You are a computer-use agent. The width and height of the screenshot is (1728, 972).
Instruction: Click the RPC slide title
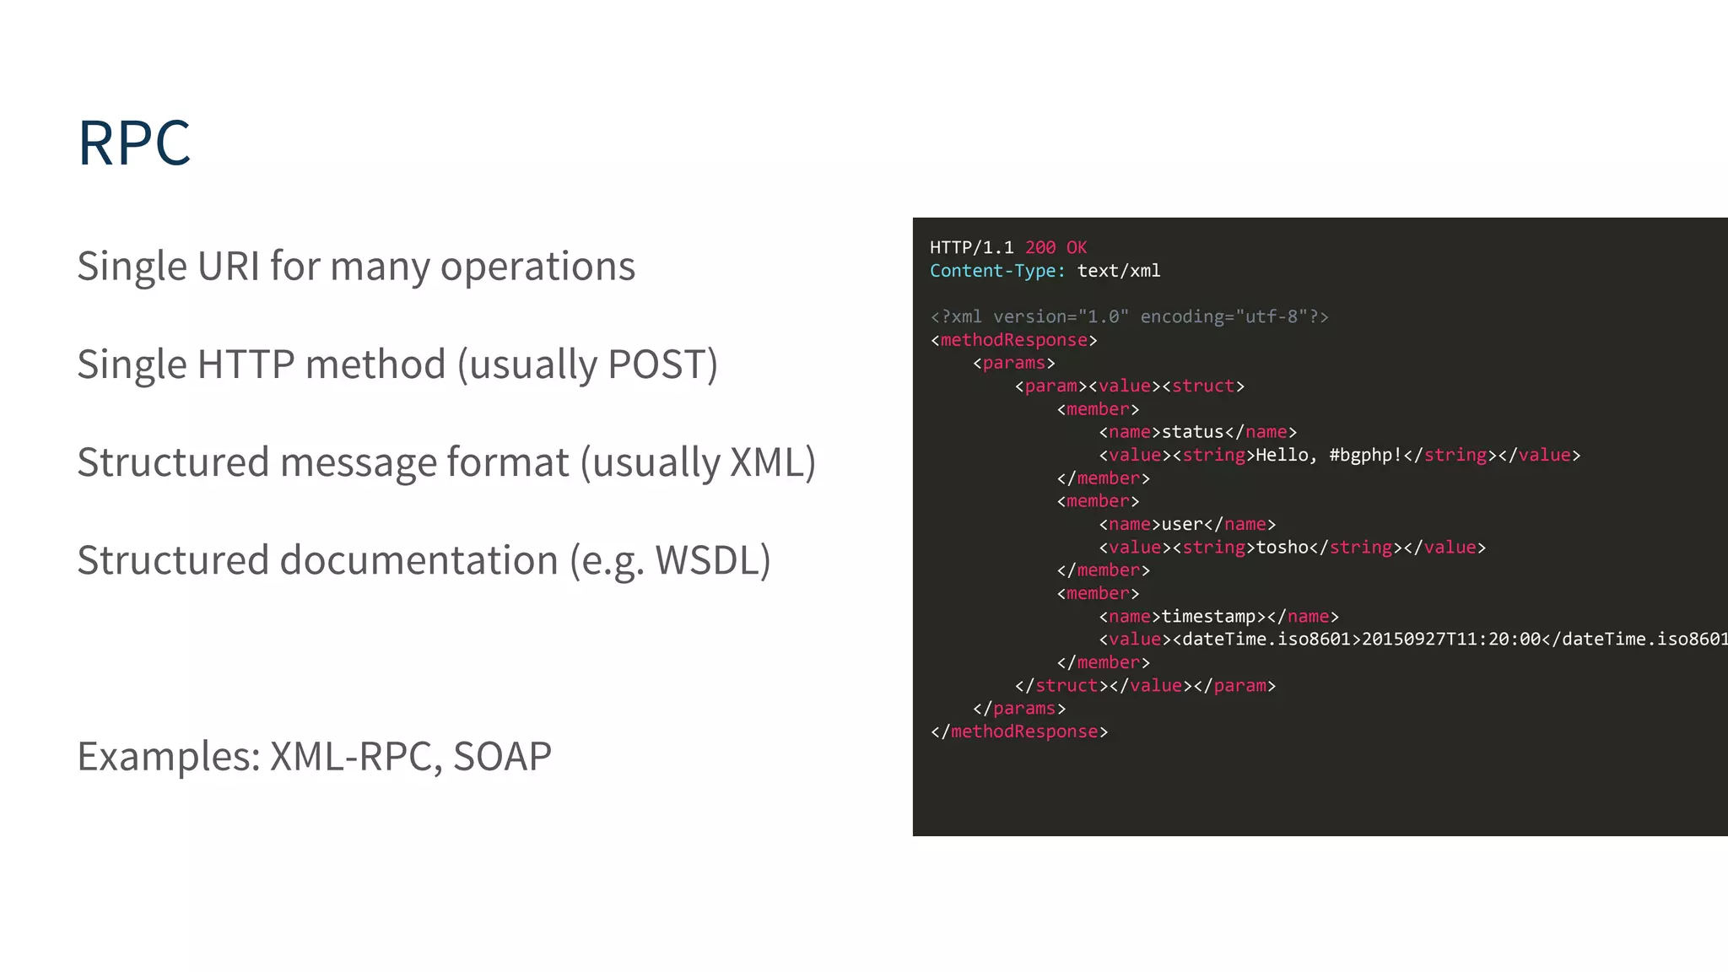coord(134,143)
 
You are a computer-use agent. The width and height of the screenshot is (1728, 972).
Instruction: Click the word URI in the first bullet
coord(229,267)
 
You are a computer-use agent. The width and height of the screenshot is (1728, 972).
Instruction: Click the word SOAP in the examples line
coord(502,756)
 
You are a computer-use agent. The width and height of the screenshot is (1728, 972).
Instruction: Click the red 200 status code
coord(1040,247)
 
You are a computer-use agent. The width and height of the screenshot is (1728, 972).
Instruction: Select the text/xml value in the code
coord(1119,271)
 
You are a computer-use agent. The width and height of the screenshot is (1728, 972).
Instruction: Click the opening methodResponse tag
coord(1013,340)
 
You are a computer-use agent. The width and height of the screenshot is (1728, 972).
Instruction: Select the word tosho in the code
coord(1282,548)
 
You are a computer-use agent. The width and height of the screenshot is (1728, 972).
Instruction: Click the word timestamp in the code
coord(1208,617)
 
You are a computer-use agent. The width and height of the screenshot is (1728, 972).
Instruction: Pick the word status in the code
coord(1192,432)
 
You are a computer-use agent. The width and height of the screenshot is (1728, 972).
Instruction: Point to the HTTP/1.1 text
coord(972,247)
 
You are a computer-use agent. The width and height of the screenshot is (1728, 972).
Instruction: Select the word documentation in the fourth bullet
coord(418,560)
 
